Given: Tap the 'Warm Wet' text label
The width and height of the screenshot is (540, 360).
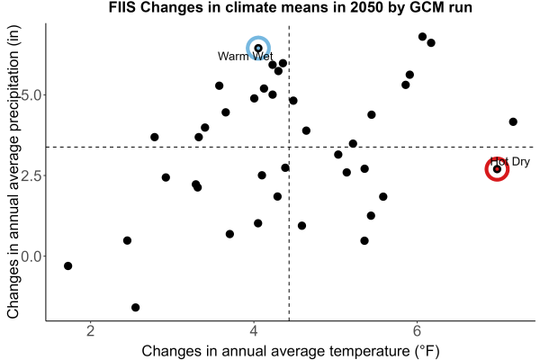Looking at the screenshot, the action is coord(245,56).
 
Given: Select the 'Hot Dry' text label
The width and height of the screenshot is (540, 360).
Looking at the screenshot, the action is coord(510,162).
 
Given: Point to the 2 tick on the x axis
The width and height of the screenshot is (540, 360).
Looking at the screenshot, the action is coord(91,331).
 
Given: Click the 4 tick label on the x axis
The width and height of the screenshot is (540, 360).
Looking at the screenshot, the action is coord(254,331).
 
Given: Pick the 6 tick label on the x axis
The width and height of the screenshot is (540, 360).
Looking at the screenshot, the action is coord(417,331).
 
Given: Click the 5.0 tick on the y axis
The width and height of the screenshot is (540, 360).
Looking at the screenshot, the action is coord(31,95).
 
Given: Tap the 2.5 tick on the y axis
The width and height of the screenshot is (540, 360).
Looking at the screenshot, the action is coord(31,175).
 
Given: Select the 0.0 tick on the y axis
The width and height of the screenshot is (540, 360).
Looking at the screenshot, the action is coord(31,256).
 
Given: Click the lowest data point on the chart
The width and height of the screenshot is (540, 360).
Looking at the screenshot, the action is coord(136,307).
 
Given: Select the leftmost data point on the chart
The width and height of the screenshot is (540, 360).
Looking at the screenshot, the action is coord(67,266).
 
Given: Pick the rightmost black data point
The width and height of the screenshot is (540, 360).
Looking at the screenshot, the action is coord(513,121).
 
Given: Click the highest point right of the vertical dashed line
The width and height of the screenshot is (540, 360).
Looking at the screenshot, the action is coord(423,37).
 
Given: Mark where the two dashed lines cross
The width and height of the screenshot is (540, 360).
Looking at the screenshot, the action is coord(289,147).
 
